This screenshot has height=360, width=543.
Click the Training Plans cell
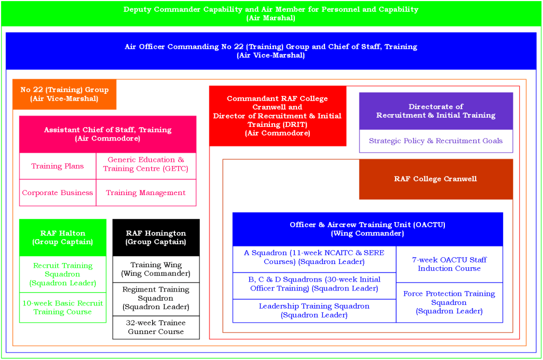57,166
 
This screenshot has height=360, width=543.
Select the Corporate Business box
57,192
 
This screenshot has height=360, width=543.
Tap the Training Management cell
146,192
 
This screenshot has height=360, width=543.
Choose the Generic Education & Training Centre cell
146,164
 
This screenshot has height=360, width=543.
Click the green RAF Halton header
63,238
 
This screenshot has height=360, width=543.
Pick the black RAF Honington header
156,238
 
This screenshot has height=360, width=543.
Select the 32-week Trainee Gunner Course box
156,327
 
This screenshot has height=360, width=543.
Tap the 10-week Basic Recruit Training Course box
63,308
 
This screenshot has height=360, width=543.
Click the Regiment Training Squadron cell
156,298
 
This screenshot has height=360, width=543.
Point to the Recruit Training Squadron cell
63,274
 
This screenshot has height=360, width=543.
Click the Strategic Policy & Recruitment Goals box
436,141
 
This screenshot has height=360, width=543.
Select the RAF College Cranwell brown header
436,179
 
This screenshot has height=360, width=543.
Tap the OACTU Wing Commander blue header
367,229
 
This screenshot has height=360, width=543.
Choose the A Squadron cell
314,257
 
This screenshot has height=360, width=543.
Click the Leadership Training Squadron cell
314,311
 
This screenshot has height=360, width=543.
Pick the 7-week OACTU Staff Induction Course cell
449,264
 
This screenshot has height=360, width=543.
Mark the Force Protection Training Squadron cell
449,302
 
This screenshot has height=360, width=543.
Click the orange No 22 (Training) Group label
64,94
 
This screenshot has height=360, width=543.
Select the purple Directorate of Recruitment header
436,111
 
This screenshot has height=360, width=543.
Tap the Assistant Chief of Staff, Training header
108,134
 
